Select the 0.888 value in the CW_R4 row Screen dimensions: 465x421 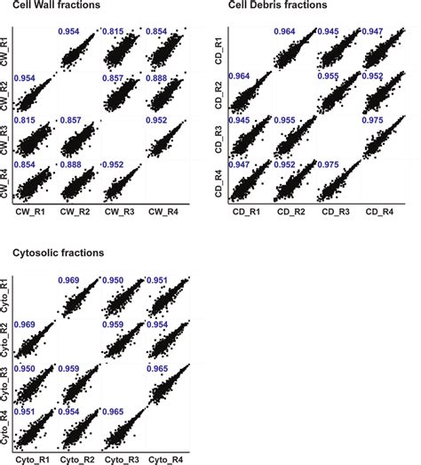(x=72, y=166)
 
